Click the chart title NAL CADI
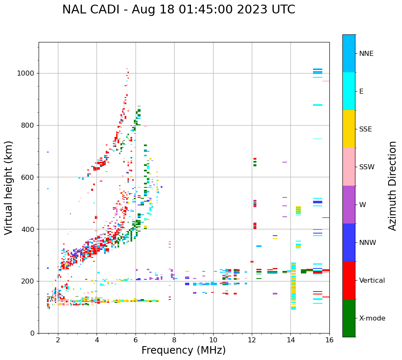178,10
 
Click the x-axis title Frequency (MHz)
183,350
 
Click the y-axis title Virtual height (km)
9,187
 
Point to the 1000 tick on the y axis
28,74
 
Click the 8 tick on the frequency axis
174,340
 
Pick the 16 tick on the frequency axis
329,340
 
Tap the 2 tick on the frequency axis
58,340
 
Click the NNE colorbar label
366,54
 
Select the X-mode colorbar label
372,318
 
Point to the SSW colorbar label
366,167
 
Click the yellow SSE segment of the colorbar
349,129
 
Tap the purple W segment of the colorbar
349,205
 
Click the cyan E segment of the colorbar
349,91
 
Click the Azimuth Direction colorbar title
393,186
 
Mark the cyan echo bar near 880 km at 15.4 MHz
318,105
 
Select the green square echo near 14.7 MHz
303,271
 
